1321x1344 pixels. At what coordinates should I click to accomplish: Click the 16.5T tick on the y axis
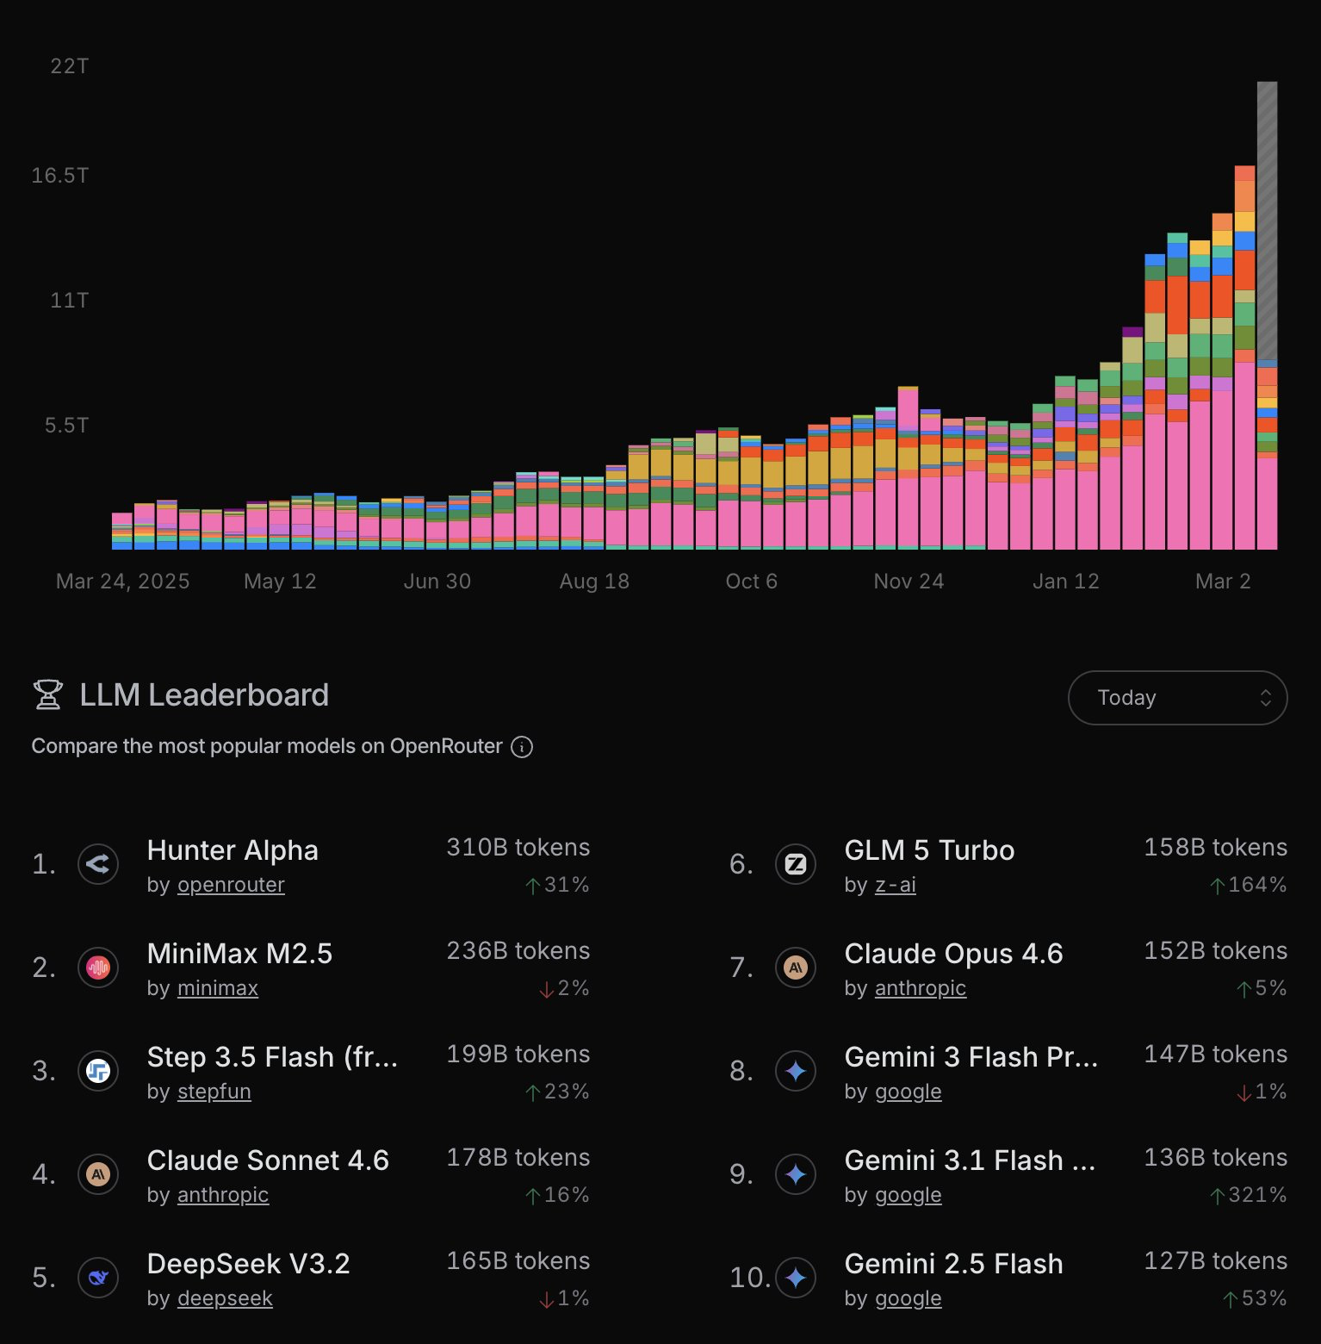tap(59, 176)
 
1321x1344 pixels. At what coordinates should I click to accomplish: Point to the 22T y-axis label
tap(69, 66)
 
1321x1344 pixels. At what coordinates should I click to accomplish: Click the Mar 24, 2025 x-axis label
tap(122, 582)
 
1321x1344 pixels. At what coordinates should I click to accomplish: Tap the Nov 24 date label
tap(909, 582)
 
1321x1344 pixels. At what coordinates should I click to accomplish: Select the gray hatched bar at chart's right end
tap(1267, 220)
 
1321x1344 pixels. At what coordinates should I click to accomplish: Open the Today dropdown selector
tap(1177, 698)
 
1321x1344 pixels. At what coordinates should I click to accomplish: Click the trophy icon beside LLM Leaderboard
tap(48, 694)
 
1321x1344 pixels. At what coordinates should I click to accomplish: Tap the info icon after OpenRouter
tap(522, 747)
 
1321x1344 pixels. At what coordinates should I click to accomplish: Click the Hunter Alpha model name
tap(233, 850)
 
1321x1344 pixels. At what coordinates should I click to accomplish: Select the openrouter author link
tap(231, 885)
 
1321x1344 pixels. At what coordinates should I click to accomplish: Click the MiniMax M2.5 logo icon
tap(98, 968)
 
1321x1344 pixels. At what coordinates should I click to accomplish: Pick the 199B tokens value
tap(518, 1055)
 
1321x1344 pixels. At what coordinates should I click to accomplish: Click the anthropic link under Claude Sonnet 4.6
tap(223, 1195)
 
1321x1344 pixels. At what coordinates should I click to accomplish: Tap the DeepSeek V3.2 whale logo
tap(98, 1278)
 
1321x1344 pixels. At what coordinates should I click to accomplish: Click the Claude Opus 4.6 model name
tap(953, 954)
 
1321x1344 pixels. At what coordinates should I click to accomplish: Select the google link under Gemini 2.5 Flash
tap(908, 1298)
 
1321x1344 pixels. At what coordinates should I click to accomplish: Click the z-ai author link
tap(895, 885)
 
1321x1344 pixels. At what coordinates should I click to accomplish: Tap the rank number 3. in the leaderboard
tap(44, 1071)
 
